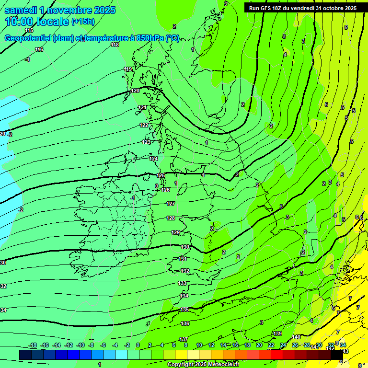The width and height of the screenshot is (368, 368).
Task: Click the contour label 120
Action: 135,91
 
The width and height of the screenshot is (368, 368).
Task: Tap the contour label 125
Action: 161,176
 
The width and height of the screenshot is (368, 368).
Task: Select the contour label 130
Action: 185,247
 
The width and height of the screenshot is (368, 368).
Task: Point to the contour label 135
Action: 185,310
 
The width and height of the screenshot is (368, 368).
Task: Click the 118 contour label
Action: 115,45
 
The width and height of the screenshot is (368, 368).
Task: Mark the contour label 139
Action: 277,333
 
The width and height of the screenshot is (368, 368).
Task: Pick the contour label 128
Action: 171,218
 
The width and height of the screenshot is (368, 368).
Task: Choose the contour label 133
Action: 182,283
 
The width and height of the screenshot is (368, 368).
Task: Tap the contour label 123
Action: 146,142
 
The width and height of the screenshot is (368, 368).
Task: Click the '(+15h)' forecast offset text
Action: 83,22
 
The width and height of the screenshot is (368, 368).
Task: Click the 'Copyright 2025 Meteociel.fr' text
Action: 203,365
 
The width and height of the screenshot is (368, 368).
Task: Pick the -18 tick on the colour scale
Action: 33,345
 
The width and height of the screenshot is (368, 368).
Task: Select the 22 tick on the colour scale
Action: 271,345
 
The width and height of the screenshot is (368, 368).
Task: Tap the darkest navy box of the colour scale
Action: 25,355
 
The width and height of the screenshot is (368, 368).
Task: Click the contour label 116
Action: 39,49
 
